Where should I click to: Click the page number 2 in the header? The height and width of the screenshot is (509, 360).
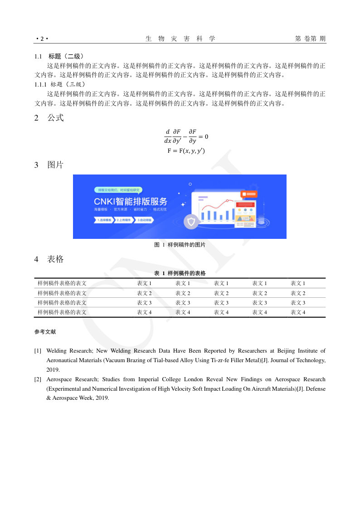pos(41,39)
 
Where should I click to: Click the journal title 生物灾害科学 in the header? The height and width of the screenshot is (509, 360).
pos(180,39)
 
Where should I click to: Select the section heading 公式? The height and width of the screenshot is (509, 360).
pos(55,118)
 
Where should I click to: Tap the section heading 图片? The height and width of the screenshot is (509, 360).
pos(55,165)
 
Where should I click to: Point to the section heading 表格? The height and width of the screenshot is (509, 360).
pos(55,259)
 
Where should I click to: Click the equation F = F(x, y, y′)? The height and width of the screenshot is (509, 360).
pos(186,150)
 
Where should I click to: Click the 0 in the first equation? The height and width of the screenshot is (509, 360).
pos(206,136)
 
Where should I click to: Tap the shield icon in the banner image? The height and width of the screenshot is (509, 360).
pos(191,221)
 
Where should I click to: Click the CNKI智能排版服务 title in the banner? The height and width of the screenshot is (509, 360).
pos(131,201)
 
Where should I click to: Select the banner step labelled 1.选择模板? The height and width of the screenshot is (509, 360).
pos(104,219)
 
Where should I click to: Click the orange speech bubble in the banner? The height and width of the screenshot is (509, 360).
pos(250,194)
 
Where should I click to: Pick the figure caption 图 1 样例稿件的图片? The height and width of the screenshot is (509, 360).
pos(180,245)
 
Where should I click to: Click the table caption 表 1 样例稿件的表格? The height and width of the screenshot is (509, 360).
pos(180,273)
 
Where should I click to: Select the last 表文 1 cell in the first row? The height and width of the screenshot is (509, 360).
pos(298,283)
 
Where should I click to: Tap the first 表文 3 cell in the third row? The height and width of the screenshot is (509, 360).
pos(144,303)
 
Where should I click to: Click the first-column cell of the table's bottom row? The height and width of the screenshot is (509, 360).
pos(62,312)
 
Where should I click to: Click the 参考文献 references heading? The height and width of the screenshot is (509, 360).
pos(45,332)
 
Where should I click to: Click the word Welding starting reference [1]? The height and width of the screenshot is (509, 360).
pos(57,351)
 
